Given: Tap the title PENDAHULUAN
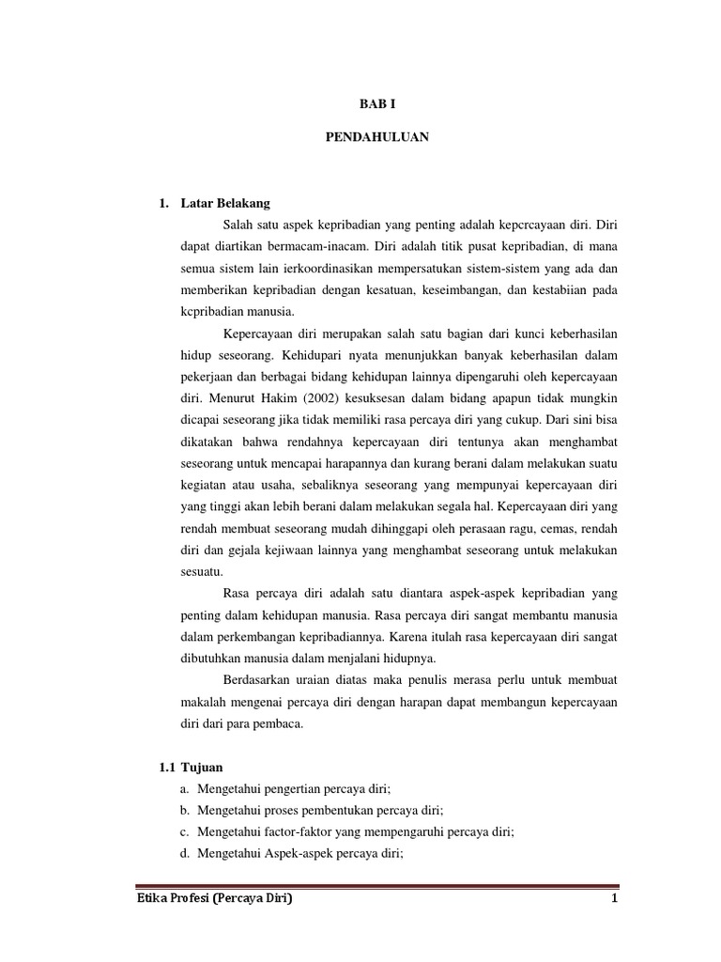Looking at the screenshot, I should pyautogui.click(x=376, y=137).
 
